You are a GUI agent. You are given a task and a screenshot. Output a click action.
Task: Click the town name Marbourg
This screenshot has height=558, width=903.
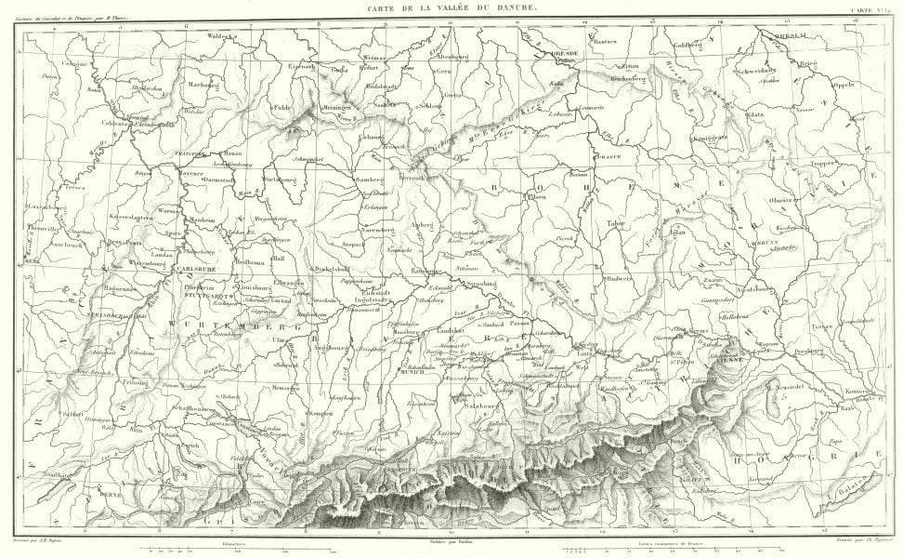pos(203,83)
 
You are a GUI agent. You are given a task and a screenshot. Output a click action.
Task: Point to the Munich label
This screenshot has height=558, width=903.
pos(412,371)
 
